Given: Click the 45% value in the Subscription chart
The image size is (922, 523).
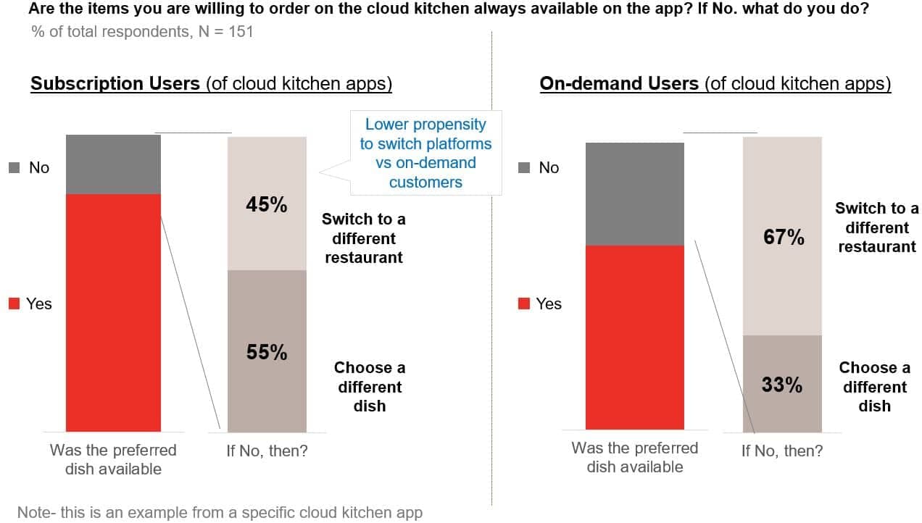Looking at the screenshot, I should point(267,205).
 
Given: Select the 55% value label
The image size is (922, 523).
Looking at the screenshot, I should point(267,352).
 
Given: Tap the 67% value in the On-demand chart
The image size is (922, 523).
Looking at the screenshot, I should point(784,237).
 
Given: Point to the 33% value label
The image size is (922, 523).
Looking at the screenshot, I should point(782,385).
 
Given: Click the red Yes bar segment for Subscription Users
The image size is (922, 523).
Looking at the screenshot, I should point(113,312).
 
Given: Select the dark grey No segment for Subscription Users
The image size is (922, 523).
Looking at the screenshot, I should point(113,164).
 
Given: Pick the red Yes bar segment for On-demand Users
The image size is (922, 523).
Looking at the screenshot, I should point(634,337).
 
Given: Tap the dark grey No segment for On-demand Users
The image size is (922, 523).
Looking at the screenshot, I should point(634,194).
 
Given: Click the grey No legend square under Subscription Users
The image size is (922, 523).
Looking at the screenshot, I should point(14,168).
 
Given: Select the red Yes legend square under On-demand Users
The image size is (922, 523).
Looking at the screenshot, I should point(523,304).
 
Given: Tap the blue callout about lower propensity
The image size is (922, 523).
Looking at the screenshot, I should point(425,153).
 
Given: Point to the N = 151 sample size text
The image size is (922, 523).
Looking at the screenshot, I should point(225,31).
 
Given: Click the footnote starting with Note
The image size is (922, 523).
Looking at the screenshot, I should point(219,512).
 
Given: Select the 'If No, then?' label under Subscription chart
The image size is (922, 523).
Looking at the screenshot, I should point(267,451).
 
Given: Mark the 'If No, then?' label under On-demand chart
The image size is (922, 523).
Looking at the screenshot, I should point(782,451).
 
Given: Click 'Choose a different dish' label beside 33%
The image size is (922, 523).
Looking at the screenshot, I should point(875,387).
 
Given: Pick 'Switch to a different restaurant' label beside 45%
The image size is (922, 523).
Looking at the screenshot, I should point(363,238).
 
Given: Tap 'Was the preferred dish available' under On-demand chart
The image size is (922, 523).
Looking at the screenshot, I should point(634,457).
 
